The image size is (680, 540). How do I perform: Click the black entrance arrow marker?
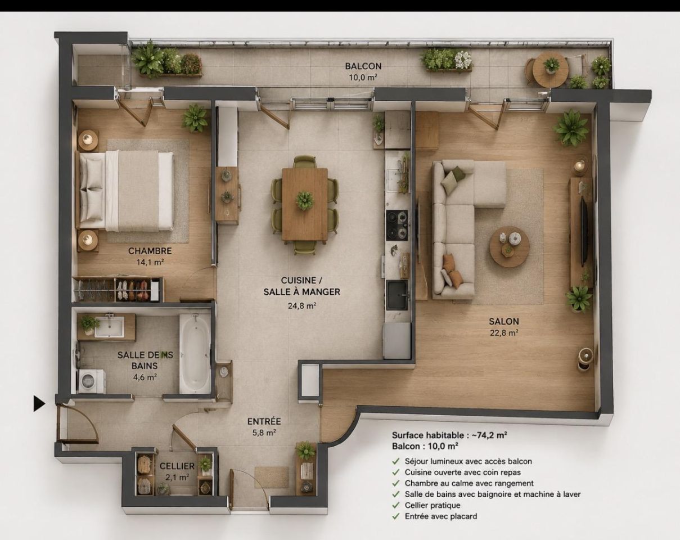[x=39, y=404]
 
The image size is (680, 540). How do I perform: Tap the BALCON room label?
[x=363, y=66]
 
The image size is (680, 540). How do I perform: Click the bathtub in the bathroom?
[x=195, y=353]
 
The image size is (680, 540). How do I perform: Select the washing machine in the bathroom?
[x=92, y=381]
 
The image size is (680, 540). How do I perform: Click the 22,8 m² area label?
[x=504, y=333]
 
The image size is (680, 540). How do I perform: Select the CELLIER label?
[x=177, y=466]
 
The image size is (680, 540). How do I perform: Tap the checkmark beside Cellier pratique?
[x=395, y=505]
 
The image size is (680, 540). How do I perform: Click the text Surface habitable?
[x=428, y=435]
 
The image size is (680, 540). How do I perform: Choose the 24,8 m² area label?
[x=302, y=305]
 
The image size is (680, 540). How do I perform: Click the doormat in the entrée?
[x=272, y=478]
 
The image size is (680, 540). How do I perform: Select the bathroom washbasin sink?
[x=109, y=326]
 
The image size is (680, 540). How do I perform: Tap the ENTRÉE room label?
[x=264, y=421]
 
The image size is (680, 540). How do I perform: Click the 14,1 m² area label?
[x=150, y=262]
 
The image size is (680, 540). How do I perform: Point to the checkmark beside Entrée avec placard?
[x=395, y=516]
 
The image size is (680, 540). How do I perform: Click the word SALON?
[x=504, y=321]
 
